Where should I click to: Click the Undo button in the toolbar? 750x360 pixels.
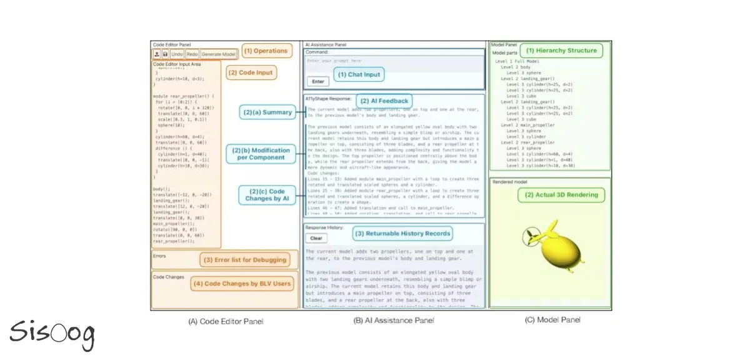tap(177, 55)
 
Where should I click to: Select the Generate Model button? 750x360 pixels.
tap(219, 55)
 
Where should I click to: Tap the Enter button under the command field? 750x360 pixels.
tap(317, 81)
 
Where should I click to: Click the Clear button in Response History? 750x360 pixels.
tap(316, 238)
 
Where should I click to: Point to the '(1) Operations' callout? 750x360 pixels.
tap(266, 51)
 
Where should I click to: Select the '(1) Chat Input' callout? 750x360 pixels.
tap(358, 74)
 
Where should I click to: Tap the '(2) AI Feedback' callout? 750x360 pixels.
tap(384, 101)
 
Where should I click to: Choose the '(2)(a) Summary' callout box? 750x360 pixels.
tap(267, 112)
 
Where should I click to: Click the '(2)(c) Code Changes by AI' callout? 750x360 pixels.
tap(268, 194)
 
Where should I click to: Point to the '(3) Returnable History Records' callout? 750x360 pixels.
tap(402, 234)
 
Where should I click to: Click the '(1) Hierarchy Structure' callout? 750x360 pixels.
tap(561, 51)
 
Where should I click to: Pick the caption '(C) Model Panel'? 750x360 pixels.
tap(552, 320)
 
